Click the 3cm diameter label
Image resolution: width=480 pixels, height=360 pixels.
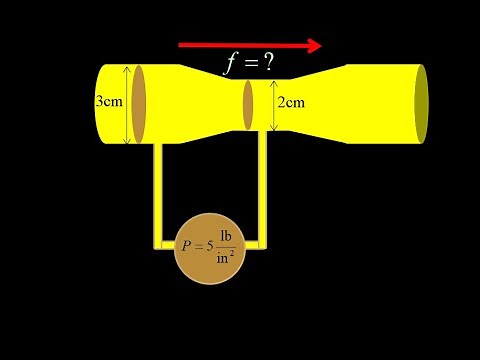109,103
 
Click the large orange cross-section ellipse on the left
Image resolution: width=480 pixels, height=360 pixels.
139,104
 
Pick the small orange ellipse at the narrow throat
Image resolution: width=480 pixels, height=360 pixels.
248,104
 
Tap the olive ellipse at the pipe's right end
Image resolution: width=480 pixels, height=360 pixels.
422,104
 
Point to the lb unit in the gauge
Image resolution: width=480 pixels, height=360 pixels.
226,236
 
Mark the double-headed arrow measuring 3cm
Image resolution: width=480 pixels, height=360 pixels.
127,104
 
